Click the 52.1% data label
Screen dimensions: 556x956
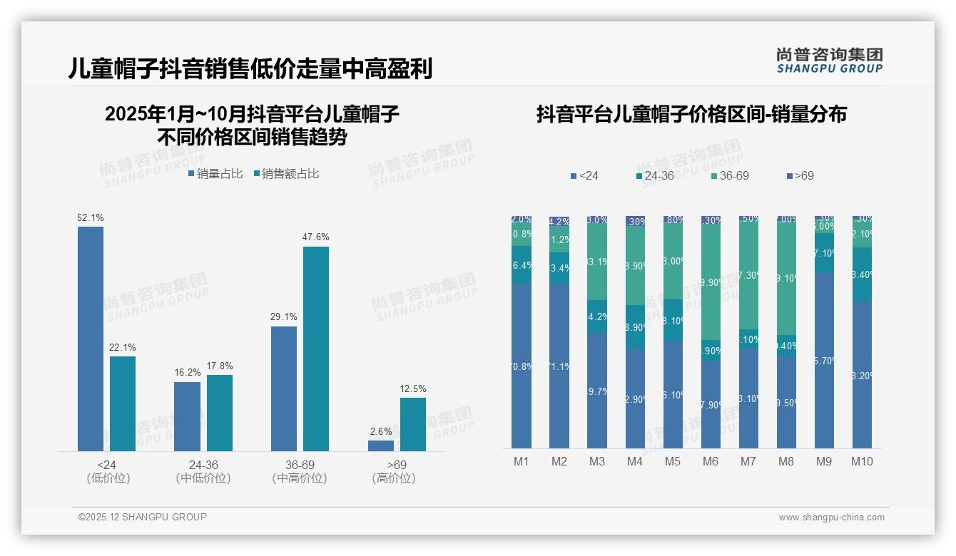91,217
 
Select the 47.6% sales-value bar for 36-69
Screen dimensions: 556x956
316,349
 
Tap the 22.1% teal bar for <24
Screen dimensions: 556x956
123,403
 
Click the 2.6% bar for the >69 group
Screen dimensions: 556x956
381,446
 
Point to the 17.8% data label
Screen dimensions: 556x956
220,366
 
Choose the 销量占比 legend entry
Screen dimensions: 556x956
215,174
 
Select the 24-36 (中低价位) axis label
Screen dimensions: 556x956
203,471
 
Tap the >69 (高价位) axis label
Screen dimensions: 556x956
394,471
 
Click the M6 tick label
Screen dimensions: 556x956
711,461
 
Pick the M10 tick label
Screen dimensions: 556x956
862,461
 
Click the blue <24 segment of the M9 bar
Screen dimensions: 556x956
824,360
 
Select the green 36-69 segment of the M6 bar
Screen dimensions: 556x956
711,282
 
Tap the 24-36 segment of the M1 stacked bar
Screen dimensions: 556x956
522,264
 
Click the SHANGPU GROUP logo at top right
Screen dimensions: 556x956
829,60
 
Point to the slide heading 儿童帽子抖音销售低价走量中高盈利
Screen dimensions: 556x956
250,69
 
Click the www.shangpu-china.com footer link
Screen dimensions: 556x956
831,518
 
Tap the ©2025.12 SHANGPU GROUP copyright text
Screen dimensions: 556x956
143,517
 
